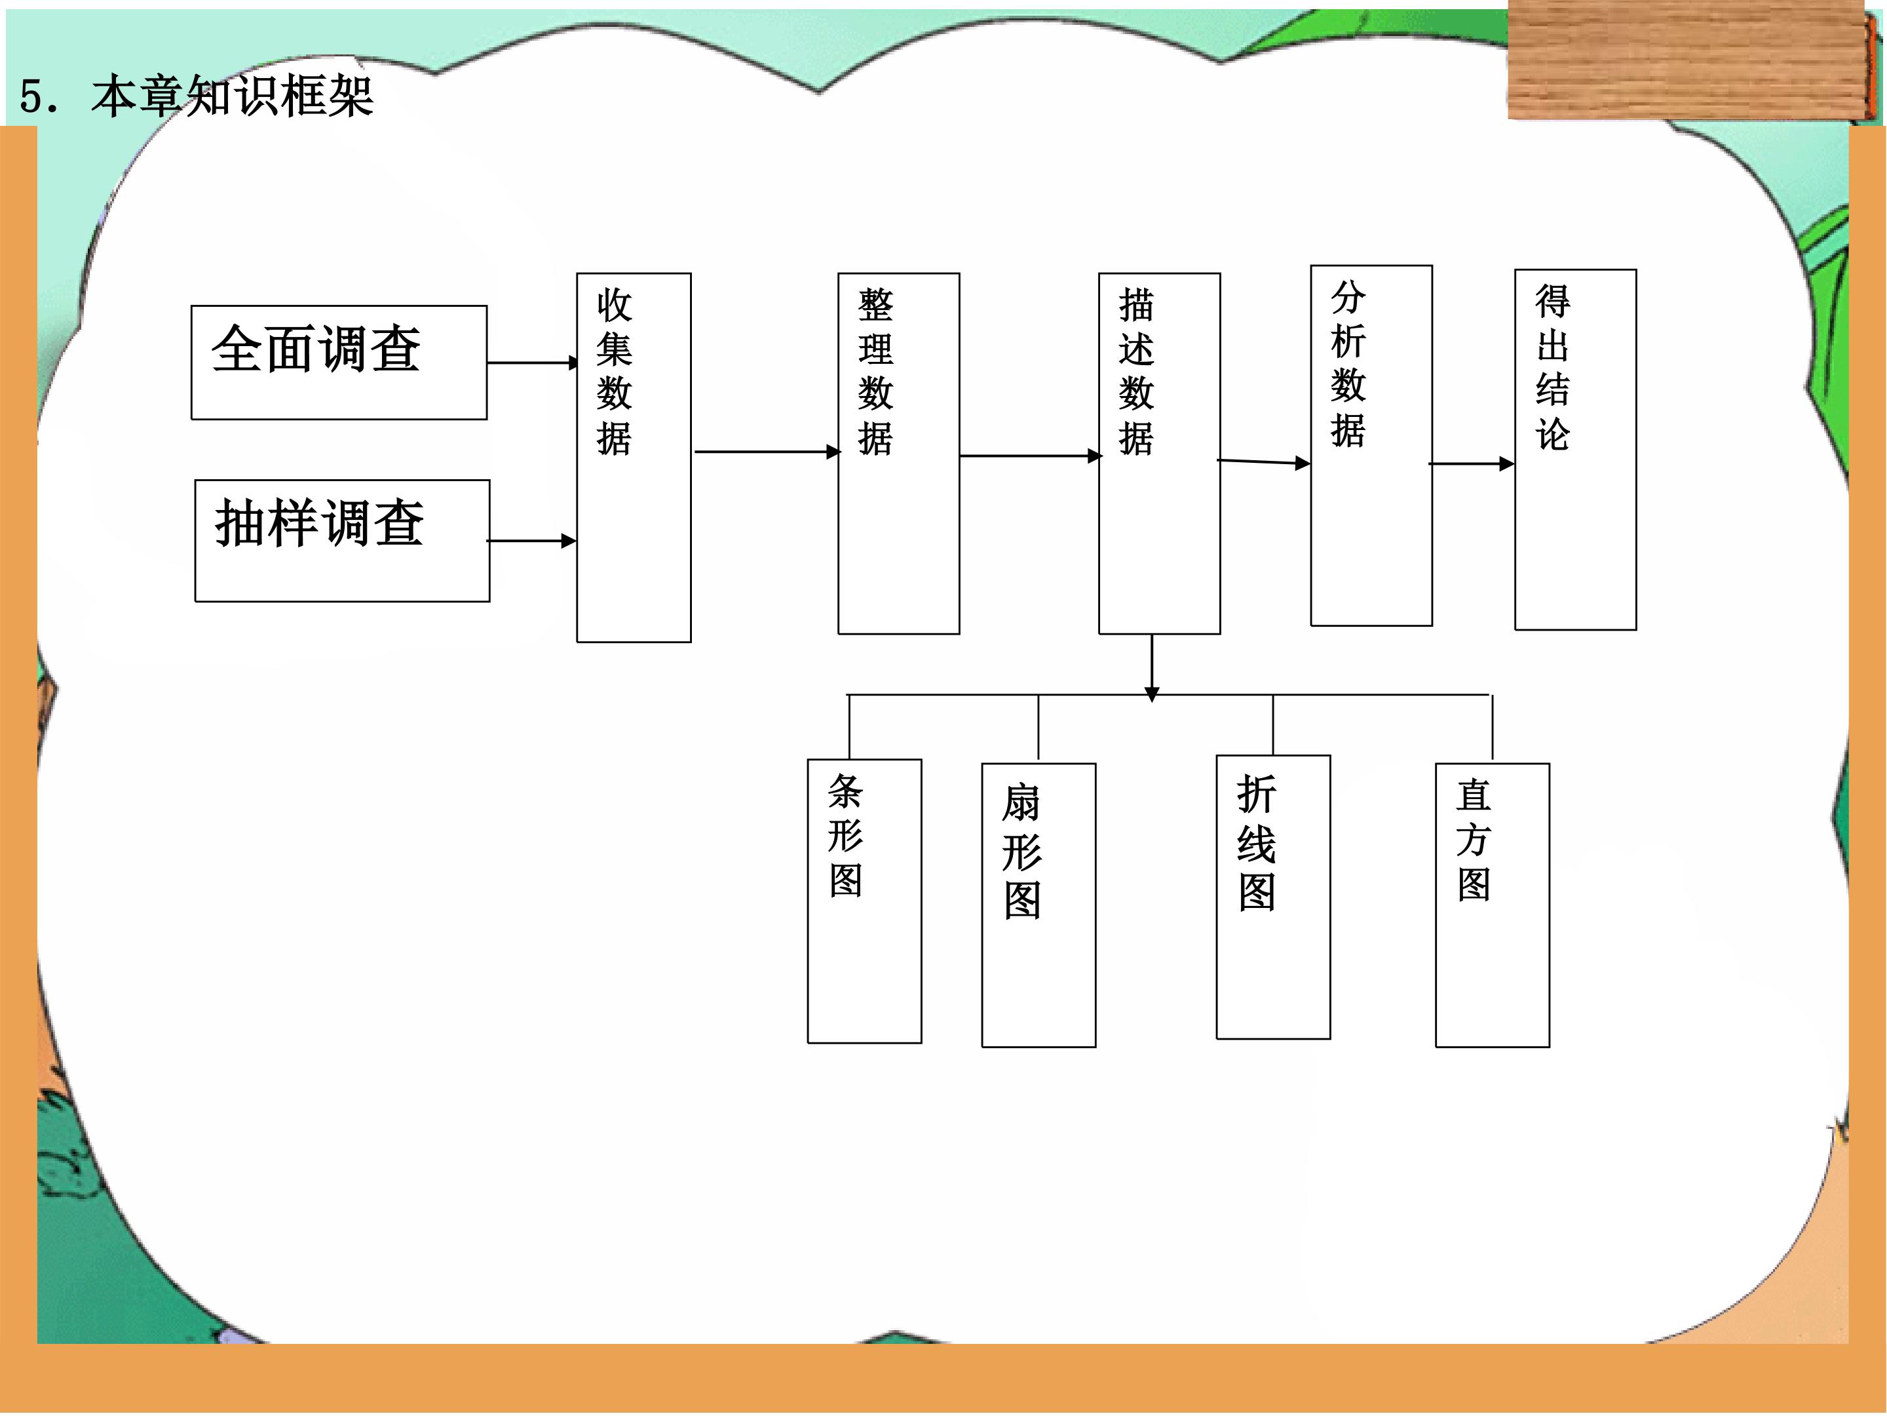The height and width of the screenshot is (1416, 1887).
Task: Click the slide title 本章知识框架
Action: tap(232, 96)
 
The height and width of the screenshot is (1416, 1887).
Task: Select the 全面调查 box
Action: tap(339, 363)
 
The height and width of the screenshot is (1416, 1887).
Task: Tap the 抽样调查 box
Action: tap(342, 541)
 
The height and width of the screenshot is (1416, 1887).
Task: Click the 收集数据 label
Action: tap(614, 371)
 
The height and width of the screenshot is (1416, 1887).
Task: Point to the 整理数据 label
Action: tap(875, 371)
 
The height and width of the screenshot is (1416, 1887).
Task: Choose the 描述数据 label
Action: tap(1136, 371)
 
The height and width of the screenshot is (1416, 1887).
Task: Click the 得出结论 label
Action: tap(1553, 367)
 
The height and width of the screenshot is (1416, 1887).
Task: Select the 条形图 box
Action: tap(864, 901)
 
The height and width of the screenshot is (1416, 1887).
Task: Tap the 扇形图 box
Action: tap(1039, 905)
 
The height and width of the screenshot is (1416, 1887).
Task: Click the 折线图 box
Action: tap(1273, 897)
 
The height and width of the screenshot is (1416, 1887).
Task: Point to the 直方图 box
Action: tap(1492, 905)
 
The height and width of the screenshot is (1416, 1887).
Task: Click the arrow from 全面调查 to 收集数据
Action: tap(533, 363)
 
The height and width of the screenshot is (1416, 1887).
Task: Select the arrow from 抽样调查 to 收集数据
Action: tap(531, 540)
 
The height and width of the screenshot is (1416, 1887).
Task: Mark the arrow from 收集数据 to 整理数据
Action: tap(768, 452)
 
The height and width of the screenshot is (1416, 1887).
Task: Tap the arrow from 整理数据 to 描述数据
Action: tap(1031, 456)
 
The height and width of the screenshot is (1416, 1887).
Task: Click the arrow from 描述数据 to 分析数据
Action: tap(1263, 462)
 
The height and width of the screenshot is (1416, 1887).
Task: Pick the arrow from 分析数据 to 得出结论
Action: tap(1472, 463)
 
